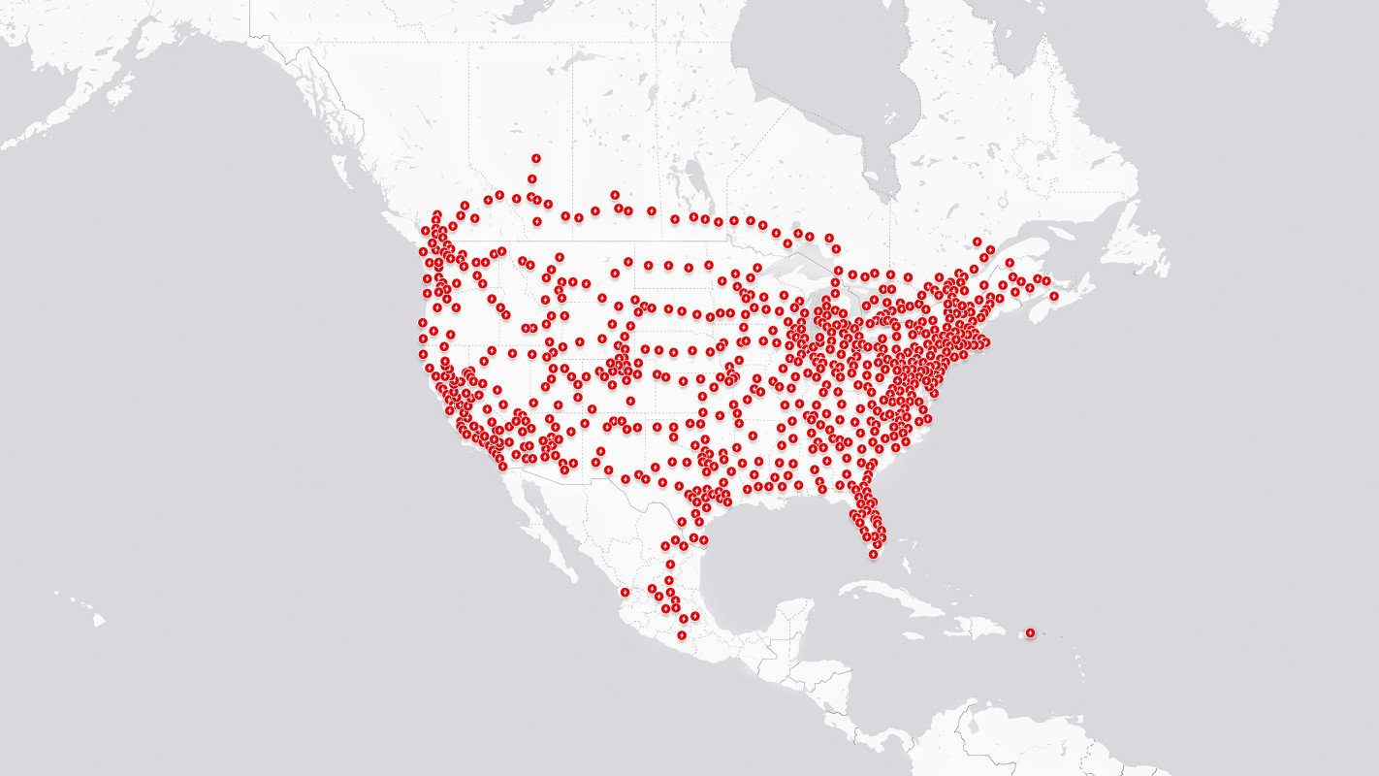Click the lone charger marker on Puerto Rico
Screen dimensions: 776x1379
click(x=1030, y=633)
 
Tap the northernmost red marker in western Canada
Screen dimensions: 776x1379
click(x=535, y=158)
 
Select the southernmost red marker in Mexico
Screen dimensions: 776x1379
click(x=682, y=635)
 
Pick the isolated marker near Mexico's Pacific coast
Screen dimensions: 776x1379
click(x=625, y=592)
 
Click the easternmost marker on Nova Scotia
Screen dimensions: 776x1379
click(x=1054, y=296)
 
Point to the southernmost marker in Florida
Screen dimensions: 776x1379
click(x=873, y=554)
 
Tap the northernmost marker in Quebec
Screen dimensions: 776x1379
click(x=977, y=242)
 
